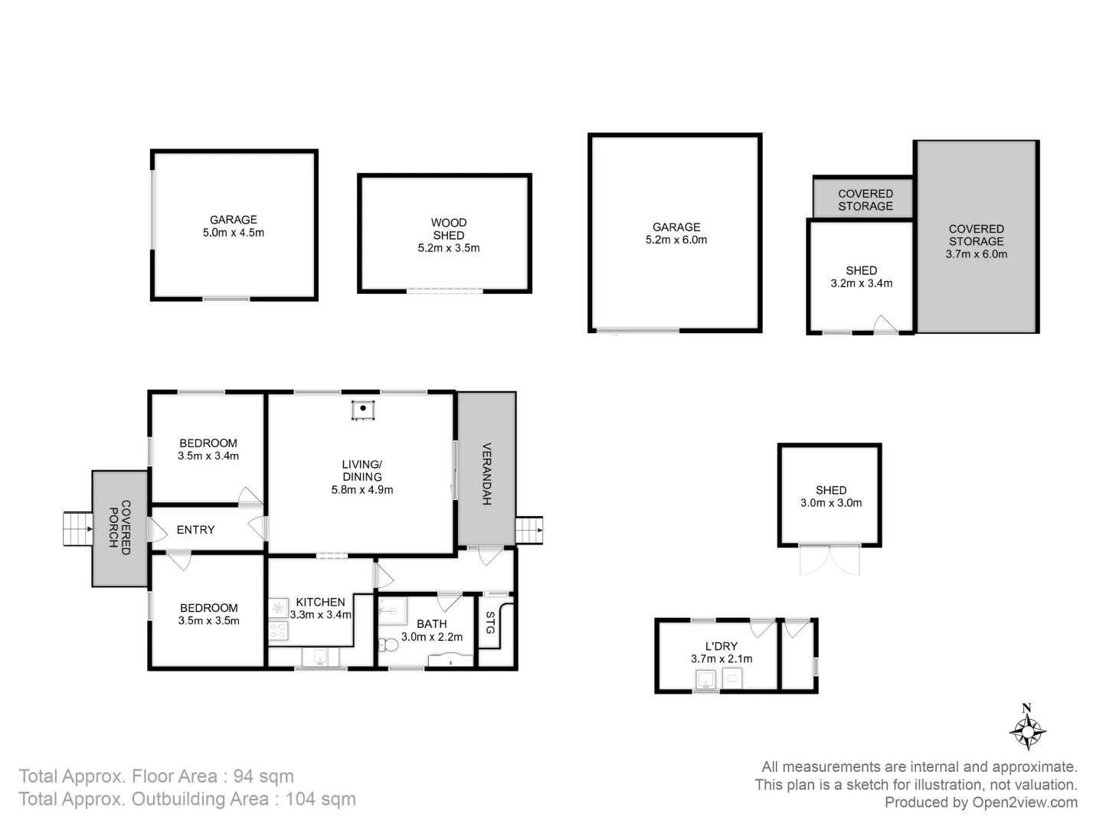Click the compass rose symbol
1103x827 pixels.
point(1027,731)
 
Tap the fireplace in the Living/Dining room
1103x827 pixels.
point(363,410)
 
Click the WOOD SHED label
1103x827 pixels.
point(448,229)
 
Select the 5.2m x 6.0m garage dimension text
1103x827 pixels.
point(676,240)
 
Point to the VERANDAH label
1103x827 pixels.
point(486,474)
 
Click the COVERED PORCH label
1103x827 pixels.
point(119,528)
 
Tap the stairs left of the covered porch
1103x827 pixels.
point(77,528)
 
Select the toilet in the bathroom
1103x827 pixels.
point(390,645)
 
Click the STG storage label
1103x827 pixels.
point(490,623)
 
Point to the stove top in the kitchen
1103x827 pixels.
point(278,630)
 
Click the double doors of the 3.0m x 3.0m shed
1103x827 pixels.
point(830,559)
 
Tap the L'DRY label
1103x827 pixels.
point(722,646)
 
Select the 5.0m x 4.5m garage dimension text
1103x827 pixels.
point(234,233)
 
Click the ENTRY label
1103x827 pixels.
point(195,530)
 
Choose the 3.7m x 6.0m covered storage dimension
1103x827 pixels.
point(976,253)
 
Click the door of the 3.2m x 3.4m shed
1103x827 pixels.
point(885,325)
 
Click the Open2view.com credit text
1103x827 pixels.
point(1025,802)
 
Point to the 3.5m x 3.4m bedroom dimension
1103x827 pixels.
point(208,456)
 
